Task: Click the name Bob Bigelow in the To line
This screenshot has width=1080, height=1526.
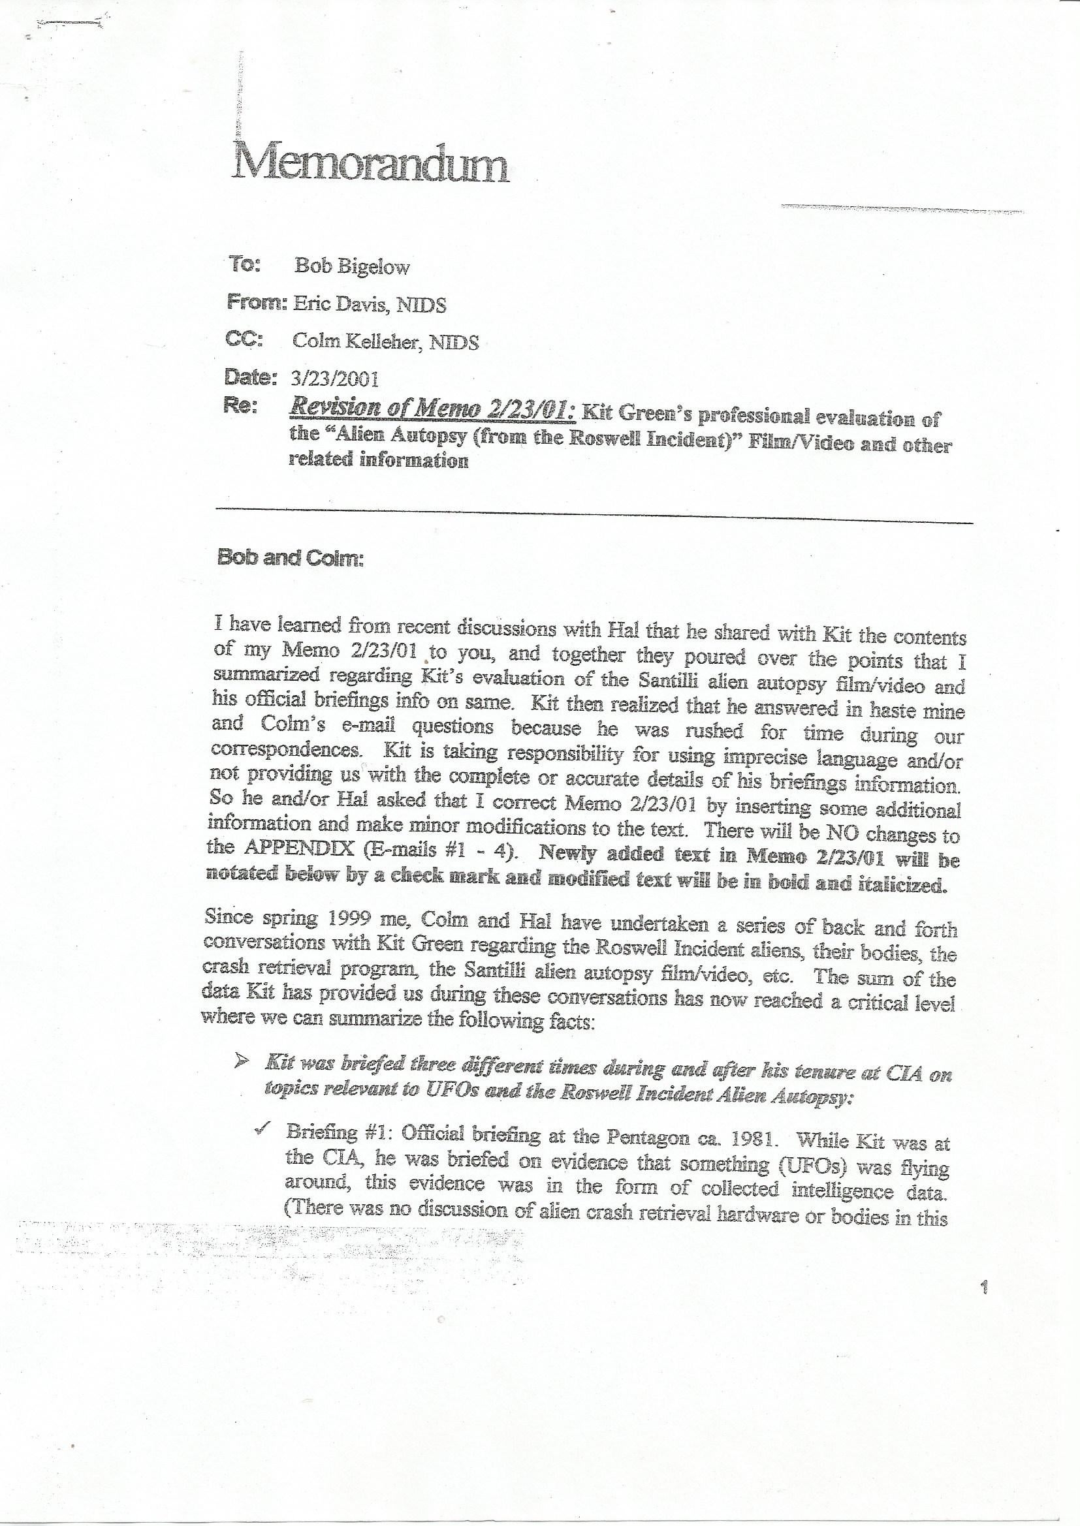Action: click(x=353, y=266)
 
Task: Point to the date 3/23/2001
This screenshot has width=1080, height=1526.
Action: click(x=335, y=379)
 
